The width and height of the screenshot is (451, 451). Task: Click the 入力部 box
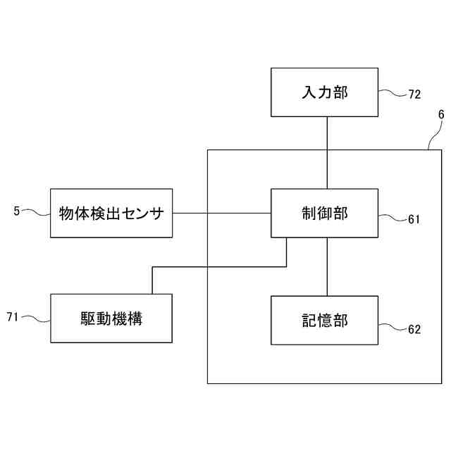325,92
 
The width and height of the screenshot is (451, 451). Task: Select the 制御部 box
325,213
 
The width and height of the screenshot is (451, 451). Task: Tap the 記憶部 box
325,321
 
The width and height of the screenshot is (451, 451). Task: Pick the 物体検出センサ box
111,213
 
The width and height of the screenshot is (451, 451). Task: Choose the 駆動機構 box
111,319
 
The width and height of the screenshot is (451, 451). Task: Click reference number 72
414,94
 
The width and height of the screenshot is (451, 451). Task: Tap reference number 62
414,329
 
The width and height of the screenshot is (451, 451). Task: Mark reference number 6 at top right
441,114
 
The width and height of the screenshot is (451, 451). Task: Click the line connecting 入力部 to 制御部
327,152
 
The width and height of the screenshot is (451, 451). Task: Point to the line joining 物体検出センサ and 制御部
222,213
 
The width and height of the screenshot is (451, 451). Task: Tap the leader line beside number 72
393,92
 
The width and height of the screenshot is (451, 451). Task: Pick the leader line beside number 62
393,326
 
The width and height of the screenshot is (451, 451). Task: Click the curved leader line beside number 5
36,211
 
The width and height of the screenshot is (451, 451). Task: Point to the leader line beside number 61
393,216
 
